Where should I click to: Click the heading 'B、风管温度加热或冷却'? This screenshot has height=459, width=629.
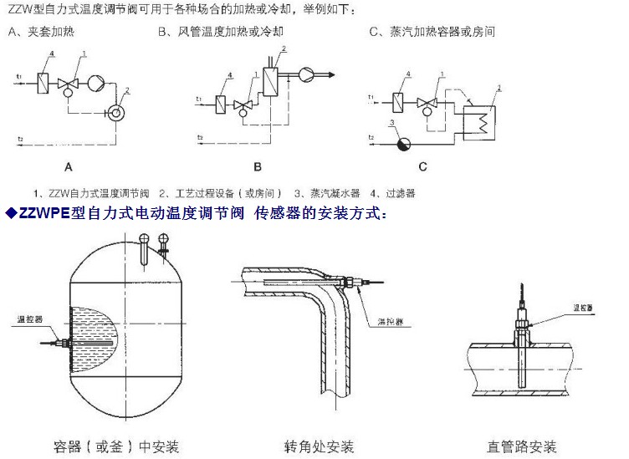pos(217,33)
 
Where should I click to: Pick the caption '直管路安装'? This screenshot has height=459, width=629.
pos(521,445)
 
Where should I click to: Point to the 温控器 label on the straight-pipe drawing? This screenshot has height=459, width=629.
pos(582,307)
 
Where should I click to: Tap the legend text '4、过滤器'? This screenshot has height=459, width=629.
pos(392,193)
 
